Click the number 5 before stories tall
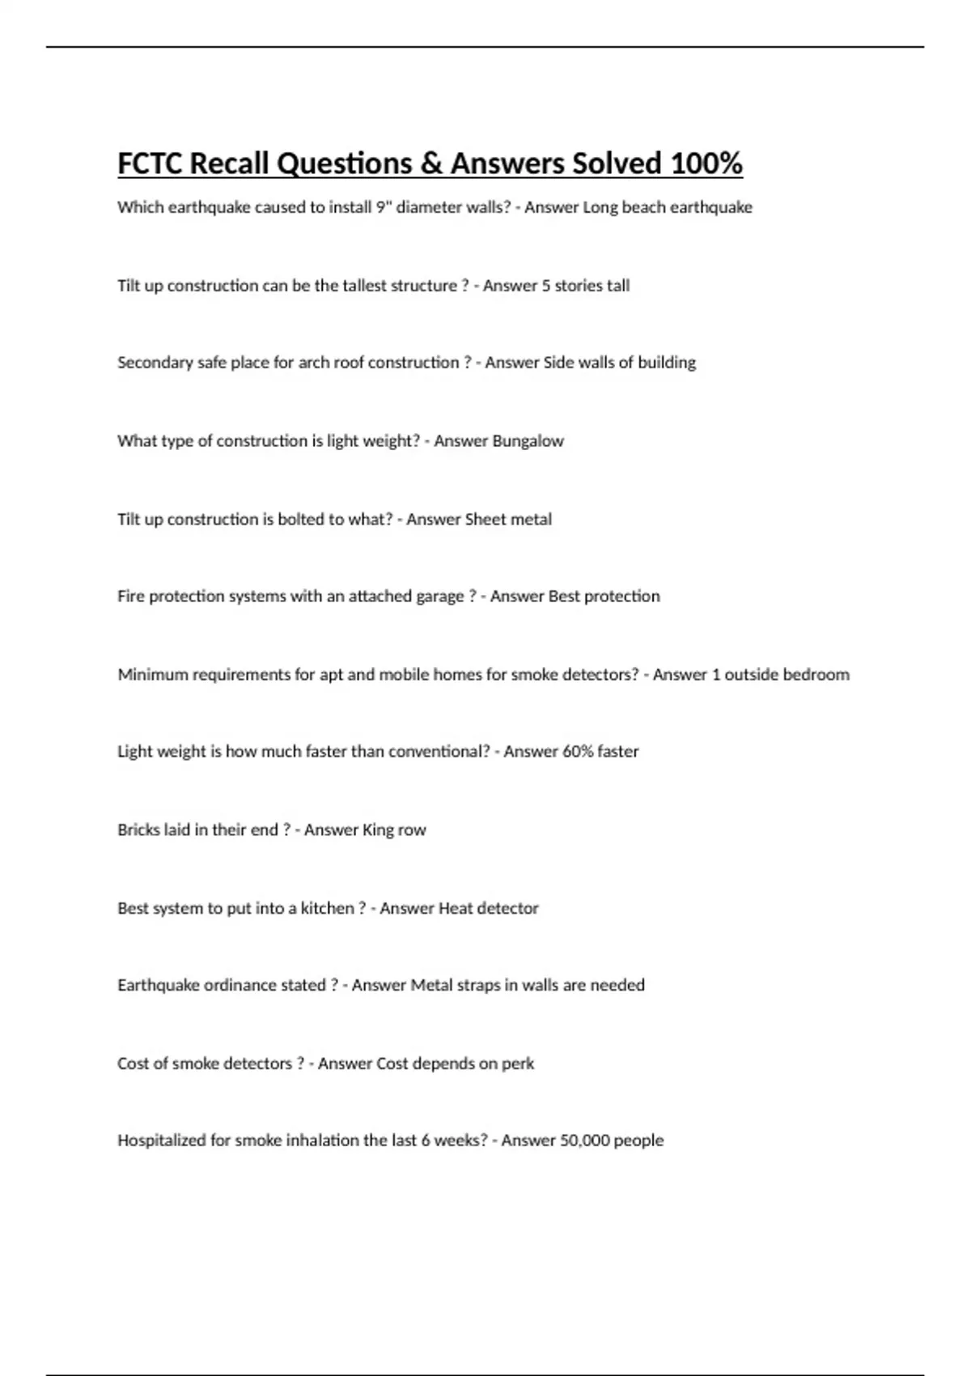pos(546,286)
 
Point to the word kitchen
pos(327,909)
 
